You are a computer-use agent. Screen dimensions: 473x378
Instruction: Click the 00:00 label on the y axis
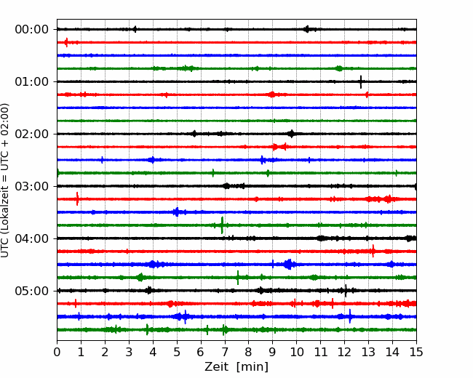(x=32, y=30)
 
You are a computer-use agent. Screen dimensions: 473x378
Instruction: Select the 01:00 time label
(x=32, y=81)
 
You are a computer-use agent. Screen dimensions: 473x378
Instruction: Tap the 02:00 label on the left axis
(x=32, y=134)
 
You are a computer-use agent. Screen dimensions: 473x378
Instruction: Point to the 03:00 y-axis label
(x=32, y=186)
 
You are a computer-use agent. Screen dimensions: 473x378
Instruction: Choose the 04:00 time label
(x=32, y=238)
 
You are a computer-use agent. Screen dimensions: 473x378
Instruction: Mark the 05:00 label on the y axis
(x=32, y=291)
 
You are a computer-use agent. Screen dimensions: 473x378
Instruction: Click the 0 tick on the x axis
(x=57, y=352)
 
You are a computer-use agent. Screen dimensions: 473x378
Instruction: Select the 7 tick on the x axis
(x=225, y=352)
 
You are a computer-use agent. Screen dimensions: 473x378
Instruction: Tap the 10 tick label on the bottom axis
(x=296, y=352)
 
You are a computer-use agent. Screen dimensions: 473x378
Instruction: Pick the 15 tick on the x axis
(x=416, y=352)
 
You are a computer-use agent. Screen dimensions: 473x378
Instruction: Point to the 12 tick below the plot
(x=344, y=352)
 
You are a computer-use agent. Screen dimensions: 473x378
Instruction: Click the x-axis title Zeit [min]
(x=236, y=367)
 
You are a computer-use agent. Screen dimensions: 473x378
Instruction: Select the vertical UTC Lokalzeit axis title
(x=5, y=180)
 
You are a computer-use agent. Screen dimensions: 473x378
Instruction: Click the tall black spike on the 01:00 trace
(x=361, y=81)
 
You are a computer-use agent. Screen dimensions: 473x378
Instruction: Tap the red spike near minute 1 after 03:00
(x=77, y=198)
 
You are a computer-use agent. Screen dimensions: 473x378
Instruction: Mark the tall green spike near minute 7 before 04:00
(x=223, y=225)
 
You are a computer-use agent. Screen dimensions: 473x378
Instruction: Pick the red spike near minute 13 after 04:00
(x=373, y=251)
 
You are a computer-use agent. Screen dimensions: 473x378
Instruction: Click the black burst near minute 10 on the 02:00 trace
(x=291, y=134)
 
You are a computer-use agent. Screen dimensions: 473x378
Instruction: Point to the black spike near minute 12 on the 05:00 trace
(x=346, y=291)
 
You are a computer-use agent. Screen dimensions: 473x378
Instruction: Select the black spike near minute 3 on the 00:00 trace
(x=135, y=29)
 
